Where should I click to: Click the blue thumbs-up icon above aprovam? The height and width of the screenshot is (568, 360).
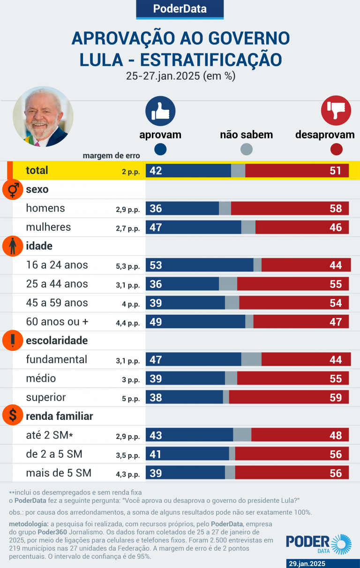[160, 111]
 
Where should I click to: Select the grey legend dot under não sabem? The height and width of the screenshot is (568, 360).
[247, 149]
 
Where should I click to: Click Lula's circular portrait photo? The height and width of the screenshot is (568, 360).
[43, 116]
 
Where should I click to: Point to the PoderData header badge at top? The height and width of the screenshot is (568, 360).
[180, 9]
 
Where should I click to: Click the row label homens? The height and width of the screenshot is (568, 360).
[45, 208]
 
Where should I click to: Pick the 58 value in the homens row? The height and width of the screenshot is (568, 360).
[336, 209]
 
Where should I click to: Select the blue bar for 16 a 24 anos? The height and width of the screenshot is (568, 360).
[199, 265]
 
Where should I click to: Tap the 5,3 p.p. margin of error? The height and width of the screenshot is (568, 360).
[128, 266]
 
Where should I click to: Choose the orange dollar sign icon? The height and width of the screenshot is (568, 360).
[13, 416]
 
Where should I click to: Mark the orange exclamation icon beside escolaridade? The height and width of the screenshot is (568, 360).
[13, 341]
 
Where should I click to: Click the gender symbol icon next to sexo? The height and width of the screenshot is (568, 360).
[13, 189]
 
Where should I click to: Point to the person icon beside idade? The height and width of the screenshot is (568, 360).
[13, 246]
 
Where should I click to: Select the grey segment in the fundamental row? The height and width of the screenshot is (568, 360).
[251, 359]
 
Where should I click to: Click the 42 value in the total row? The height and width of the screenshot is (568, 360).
[156, 171]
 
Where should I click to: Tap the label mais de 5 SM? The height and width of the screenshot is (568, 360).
[59, 473]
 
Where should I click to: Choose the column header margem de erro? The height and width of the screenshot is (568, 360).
[111, 156]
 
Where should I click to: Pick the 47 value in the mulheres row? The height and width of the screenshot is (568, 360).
[156, 227]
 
